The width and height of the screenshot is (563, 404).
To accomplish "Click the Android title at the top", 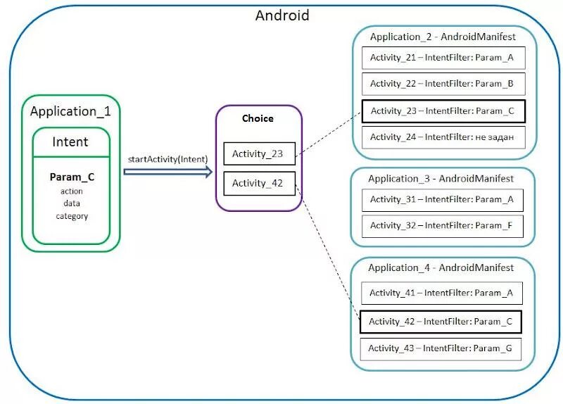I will (281, 15).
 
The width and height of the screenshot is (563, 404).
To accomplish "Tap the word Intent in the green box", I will (70, 141).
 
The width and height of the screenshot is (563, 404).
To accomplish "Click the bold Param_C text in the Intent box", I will (72, 177).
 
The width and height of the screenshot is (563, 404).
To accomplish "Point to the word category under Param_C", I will (72, 216).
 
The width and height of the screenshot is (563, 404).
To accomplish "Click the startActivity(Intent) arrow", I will (167, 172).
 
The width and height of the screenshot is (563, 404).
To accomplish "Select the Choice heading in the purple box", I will (258, 118).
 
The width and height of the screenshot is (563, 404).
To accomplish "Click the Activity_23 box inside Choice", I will (259, 153).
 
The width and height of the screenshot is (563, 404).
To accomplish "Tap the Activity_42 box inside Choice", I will (259, 183).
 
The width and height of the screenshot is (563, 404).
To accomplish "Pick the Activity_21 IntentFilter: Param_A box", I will (443, 57).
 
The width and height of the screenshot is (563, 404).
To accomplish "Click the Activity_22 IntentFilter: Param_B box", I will (443, 84).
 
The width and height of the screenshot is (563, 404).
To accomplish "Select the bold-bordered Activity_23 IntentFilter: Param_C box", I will (443, 111).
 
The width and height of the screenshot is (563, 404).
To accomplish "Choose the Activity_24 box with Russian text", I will (443, 137).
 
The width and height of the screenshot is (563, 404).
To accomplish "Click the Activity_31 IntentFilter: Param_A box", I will (443, 199).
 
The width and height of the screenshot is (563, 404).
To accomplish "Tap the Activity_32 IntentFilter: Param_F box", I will (443, 225).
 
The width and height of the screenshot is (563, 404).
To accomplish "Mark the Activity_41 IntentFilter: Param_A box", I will (441, 293).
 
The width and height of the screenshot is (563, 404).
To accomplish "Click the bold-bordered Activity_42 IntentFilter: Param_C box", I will (441, 322).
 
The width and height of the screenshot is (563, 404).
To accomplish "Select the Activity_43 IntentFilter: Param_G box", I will (441, 348).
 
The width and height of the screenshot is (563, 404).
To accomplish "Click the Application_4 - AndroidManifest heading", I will (441, 267).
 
